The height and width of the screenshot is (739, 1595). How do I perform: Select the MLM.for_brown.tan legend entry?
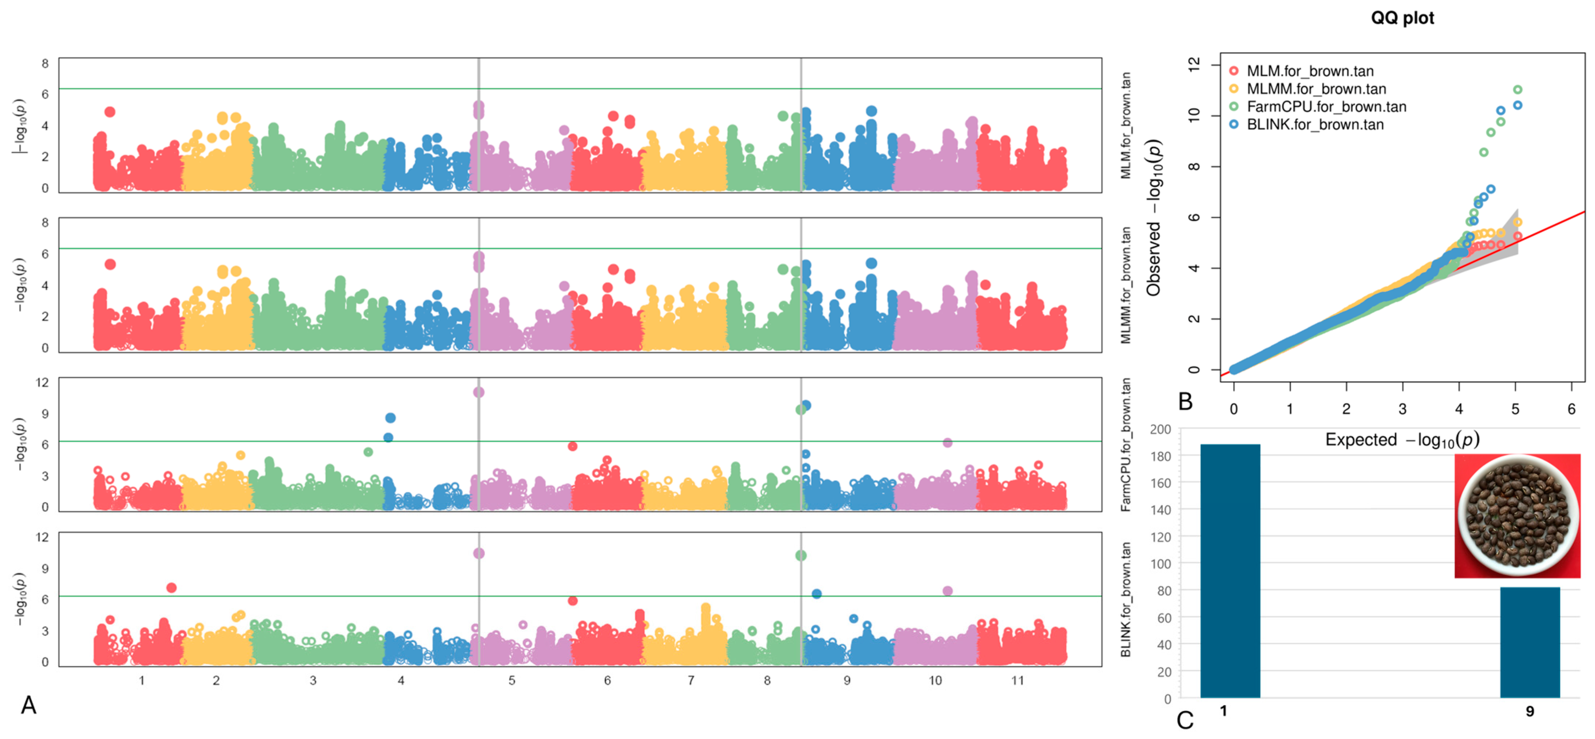click(1310, 71)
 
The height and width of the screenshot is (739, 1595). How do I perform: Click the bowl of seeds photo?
click(1517, 515)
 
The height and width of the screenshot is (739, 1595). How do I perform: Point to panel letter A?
click(28, 705)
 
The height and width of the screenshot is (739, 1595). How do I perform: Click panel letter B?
click(1185, 402)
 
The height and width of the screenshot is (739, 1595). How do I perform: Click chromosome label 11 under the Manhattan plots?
click(1017, 680)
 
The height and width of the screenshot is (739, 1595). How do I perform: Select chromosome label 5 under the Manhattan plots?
click(511, 680)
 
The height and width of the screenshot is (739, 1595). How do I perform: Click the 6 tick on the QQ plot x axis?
click(1571, 409)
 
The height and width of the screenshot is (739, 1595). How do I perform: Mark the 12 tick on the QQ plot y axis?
click(1194, 64)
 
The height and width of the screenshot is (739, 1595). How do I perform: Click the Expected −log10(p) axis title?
click(1402, 440)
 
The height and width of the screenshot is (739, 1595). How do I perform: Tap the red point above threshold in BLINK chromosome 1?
click(171, 587)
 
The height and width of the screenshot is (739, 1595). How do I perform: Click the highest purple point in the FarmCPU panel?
click(479, 392)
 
